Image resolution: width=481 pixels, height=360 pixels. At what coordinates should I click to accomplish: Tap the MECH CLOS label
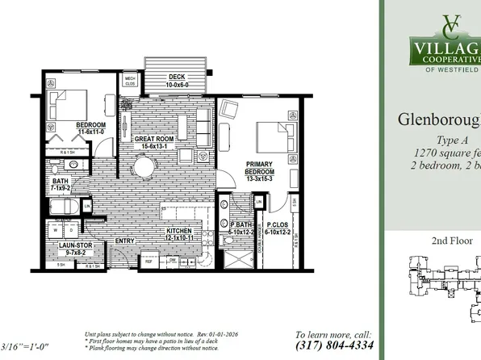130,80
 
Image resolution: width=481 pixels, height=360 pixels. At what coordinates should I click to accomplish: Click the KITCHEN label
178,230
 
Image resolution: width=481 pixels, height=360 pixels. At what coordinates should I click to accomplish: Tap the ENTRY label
125,240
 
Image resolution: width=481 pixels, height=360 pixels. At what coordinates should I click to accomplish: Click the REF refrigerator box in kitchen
148,261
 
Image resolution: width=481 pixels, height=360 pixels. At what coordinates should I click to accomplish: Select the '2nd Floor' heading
430,241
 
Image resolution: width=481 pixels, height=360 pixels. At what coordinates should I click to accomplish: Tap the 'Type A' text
440,139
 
